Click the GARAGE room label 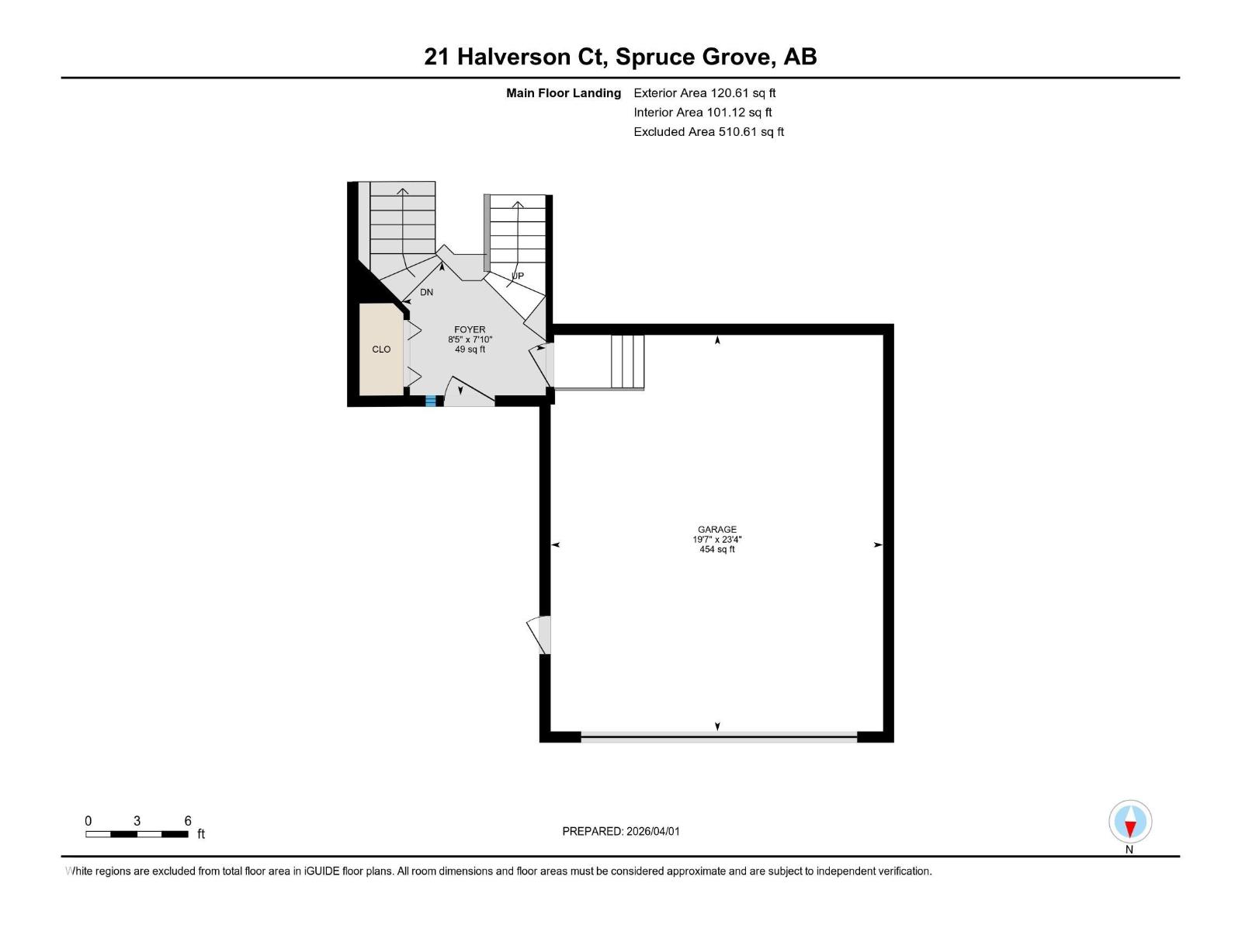(x=716, y=530)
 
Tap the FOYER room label (x=470, y=330)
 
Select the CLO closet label (x=381, y=349)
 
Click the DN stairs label (x=426, y=293)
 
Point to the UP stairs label (x=518, y=276)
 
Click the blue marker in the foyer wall (x=430, y=402)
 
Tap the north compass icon (x=1130, y=822)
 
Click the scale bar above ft (x=137, y=834)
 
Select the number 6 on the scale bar (x=188, y=821)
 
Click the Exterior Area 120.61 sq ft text (x=704, y=93)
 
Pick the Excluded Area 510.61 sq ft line (x=708, y=132)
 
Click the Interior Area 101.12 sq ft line (x=703, y=113)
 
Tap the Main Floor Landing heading (x=564, y=93)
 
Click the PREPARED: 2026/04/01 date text (x=620, y=831)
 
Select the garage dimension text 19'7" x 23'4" (x=716, y=540)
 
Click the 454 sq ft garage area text (x=716, y=550)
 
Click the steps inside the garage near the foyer (x=627, y=361)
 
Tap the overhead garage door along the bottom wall (x=719, y=736)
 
